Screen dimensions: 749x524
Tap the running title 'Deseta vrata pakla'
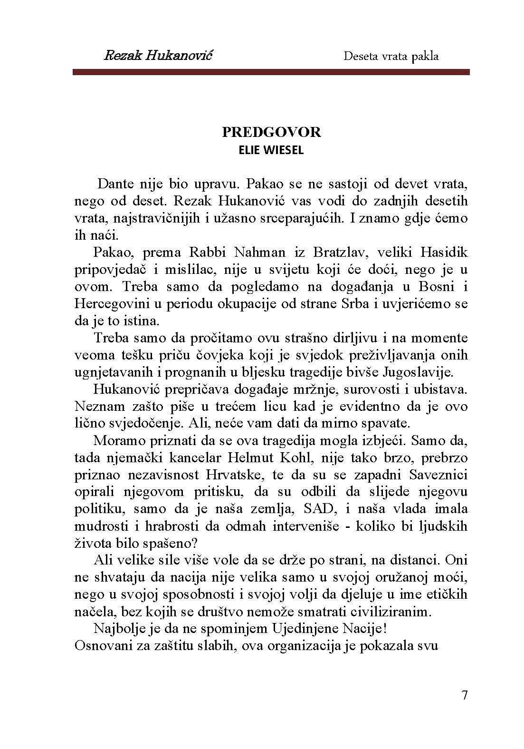[x=391, y=56]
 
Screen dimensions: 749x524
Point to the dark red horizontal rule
[x=271, y=72]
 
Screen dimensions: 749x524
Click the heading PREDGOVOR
[x=271, y=132]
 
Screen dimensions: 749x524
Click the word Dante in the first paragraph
[x=114, y=184]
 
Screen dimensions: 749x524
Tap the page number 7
[x=464, y=695]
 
